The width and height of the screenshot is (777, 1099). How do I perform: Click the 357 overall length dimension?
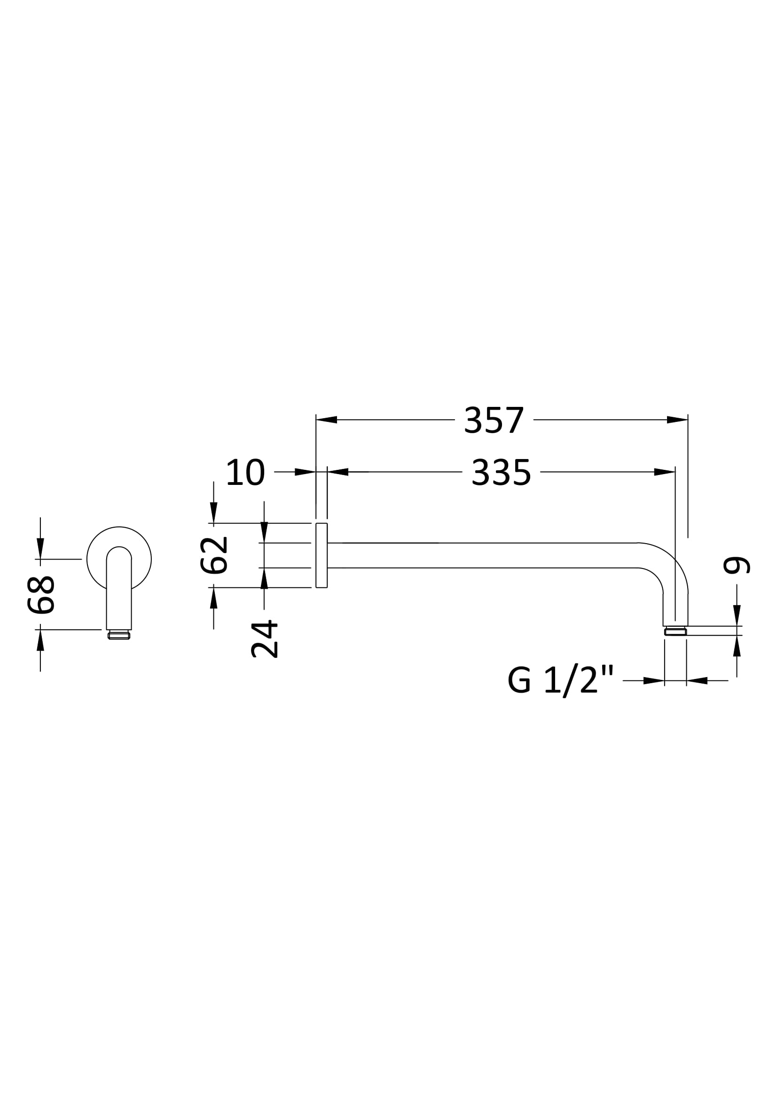[494, 420]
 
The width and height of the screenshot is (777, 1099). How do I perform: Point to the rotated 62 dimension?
[213, 555]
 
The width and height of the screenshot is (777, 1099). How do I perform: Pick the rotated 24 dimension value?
[264, 639]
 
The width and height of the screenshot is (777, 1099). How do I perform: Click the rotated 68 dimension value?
[41, 595]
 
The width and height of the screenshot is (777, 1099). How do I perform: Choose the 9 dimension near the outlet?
[736, 565]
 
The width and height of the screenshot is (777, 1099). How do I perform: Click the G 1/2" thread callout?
[560, 680]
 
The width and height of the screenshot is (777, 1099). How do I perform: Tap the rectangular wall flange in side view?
[321, 555]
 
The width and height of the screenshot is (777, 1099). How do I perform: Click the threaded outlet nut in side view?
[675, 632]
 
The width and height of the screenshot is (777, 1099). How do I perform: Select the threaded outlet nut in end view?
[119, 636]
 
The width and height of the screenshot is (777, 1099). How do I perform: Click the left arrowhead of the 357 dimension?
[327, 420]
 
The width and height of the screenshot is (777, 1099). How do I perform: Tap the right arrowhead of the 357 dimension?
[677, 420]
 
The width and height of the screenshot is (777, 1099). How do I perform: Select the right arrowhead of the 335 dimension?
[665, 472]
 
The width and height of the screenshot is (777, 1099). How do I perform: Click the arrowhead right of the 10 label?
[305, 472]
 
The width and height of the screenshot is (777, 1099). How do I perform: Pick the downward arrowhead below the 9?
[737, 615]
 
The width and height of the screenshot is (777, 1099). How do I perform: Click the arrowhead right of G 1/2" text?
[654, 681]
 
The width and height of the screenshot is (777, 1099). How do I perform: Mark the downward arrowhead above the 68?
[40, 548]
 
